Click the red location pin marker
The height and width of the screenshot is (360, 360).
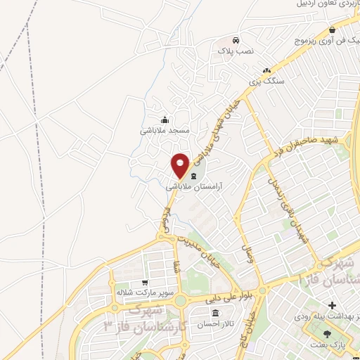[180, 165]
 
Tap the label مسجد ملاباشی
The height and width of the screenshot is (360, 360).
[165, 131]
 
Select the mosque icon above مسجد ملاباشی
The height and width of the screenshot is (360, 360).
[165, 119]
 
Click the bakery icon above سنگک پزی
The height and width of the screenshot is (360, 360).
[266, 70]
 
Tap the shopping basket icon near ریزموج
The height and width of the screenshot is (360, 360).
[332, 30]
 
